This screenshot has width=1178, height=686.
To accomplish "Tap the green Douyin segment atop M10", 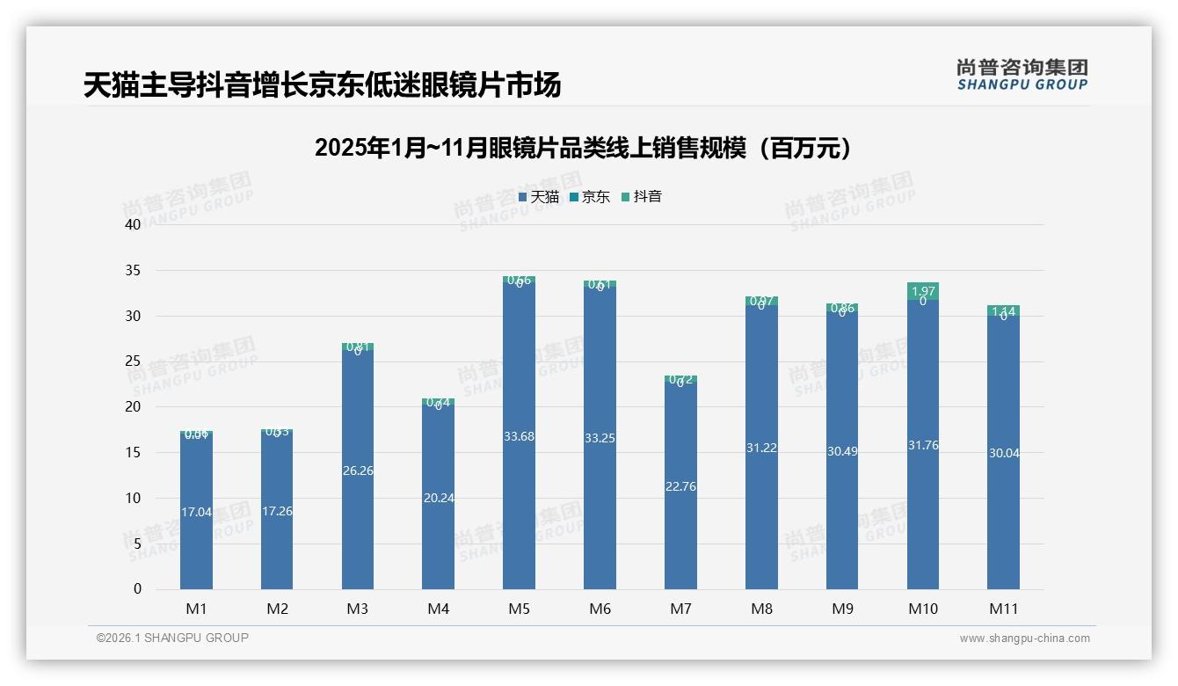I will pos(923,291).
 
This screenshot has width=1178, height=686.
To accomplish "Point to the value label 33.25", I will pos(600,438).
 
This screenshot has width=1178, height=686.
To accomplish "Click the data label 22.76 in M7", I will pos(680,486).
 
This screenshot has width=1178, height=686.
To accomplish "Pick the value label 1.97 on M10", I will pos(923,291).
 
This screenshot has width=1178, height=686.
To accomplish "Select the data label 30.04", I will pos(1003,453).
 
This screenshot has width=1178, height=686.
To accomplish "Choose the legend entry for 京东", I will pos(590,197).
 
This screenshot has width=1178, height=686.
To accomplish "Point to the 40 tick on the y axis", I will pos(133,224).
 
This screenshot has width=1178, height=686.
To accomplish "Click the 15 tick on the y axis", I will pos(133,452).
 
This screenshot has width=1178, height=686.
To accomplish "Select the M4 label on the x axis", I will pos(438,609).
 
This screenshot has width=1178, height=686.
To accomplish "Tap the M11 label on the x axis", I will pos(1003,609).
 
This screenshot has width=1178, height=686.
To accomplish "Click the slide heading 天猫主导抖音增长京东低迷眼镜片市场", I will pos(322,85).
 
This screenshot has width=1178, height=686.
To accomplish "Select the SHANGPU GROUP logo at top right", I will pos(1022,75).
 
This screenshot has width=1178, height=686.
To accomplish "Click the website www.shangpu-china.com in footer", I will pos(1024,639).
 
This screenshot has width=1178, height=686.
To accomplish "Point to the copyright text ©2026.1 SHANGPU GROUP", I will pos(172,638).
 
